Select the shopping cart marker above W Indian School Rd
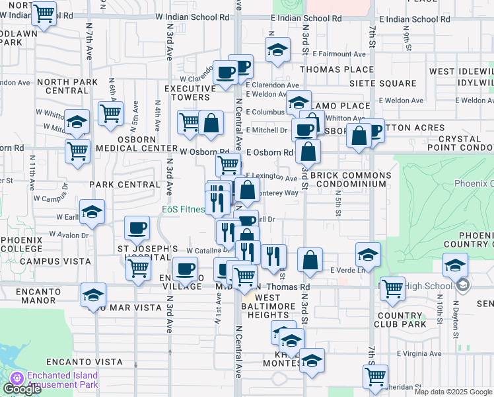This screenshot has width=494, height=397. (44, 13)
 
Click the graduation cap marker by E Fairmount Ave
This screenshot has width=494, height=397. (278, 50)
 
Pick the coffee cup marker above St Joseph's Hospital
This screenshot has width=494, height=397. (137, 229)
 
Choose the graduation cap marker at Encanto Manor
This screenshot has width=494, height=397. (93, 296)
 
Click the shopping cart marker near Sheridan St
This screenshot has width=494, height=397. (375, 376)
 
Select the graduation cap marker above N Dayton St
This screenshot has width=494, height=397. (455, 266)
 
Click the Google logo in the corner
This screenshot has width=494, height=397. (21, 389)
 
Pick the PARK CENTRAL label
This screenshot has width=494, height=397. (125, 183)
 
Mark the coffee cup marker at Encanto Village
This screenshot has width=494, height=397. (185, 269)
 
